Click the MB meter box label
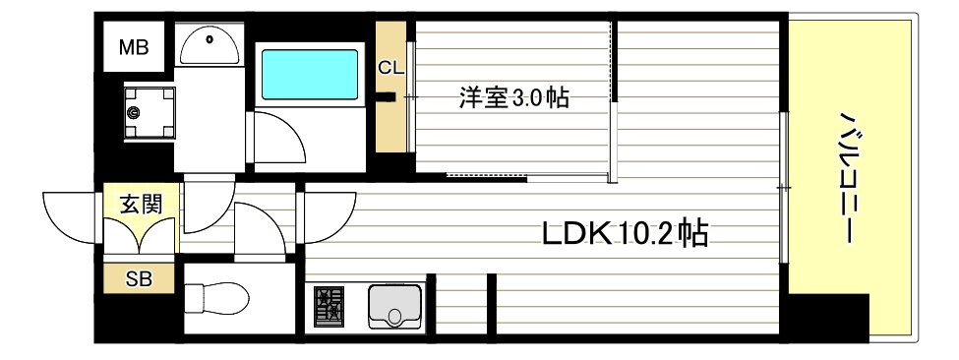click(135, 45)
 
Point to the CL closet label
click(391, 68)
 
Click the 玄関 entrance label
click(141, 204)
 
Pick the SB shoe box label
click(139, 278)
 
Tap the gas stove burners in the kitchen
click(330, 306)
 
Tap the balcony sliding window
click(784, 187)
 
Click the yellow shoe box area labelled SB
click(139, 279)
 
